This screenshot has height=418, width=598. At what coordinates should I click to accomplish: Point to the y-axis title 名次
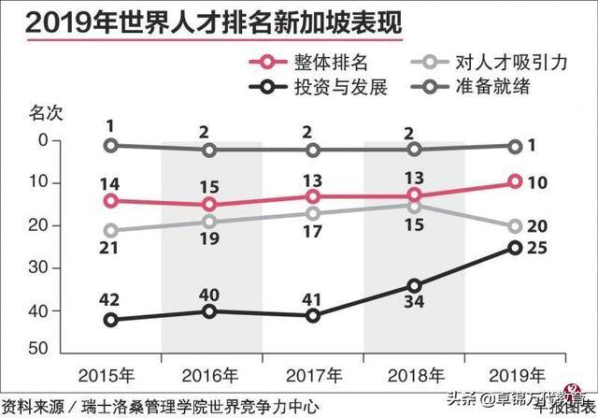44,114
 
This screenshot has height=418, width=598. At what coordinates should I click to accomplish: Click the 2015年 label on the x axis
111,375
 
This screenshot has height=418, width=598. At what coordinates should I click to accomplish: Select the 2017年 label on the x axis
313,375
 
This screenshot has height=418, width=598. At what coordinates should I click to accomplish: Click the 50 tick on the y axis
38,349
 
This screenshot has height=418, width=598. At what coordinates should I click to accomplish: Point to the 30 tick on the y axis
38,268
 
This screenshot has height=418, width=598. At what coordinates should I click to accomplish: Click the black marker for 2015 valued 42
111,320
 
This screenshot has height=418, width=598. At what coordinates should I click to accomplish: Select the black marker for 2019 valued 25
515,247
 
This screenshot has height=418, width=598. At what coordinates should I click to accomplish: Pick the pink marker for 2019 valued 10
515,181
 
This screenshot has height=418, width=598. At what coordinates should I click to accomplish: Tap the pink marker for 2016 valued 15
212,204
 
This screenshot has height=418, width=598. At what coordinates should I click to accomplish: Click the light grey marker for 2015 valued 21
111,230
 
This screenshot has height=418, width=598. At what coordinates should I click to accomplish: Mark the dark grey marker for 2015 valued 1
111,145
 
